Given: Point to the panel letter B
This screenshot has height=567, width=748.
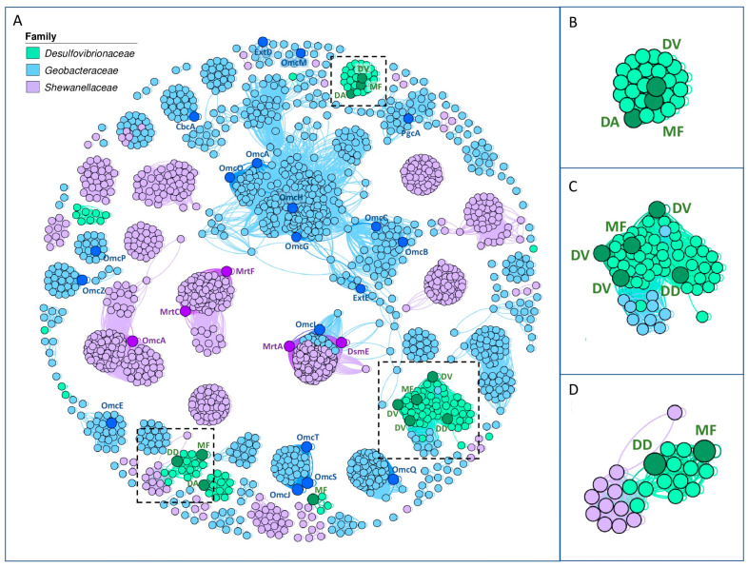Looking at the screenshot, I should [x=574, y=19].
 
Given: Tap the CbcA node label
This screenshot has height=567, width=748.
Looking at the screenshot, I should [x=185, y=126].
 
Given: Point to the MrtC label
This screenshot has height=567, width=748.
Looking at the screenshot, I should [x=169, y=312].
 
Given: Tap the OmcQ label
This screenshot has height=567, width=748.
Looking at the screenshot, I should [x=404, y=469].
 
